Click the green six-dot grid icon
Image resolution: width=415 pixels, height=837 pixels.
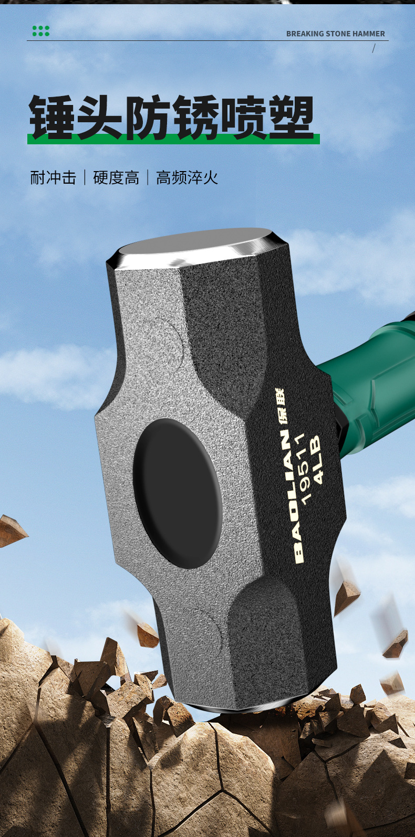pyautogui.click(x=41, y=31)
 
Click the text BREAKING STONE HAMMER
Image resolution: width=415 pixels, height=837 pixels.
pyautogui.click(x=335, y=34)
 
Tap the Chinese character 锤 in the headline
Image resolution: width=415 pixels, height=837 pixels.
pyautogui.click(x=52, y=117)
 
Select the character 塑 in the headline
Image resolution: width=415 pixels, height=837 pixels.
pyautogui.click(x=290, y=117)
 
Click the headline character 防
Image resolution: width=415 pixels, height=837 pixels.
pyautogui.click(x=147, y=117)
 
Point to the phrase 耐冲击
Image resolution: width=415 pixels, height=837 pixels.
pyautogui.click(x=53, y=177)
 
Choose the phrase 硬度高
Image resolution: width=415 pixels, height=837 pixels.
pyautogui.click(x=116, y=177)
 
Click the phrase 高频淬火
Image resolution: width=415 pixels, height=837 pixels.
pyautogui.click(x=186, y=177)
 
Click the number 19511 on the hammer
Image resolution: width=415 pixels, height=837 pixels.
pyautogui.click(x=304, y=469)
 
